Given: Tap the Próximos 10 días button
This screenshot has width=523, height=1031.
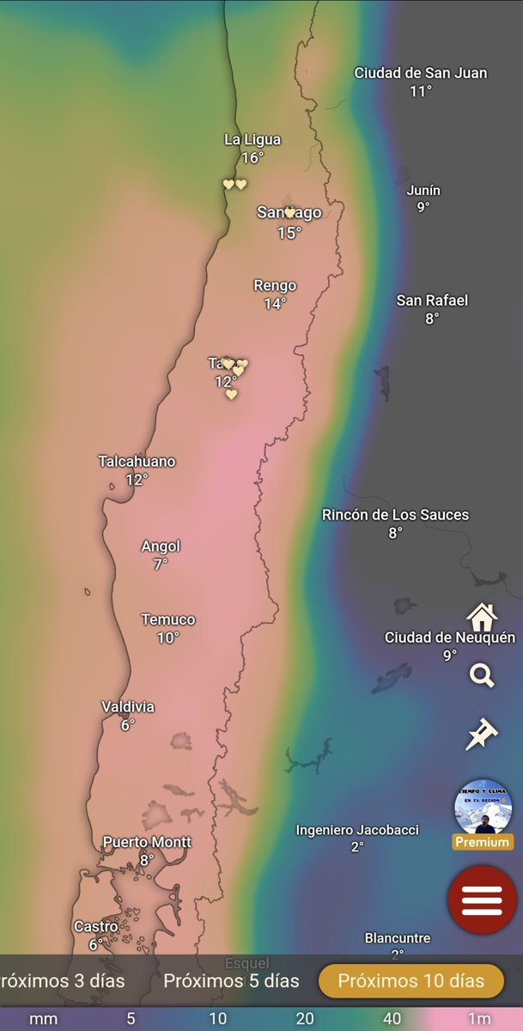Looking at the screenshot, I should pos(410,980).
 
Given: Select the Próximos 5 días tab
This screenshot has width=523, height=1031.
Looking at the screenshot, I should pos(231,980).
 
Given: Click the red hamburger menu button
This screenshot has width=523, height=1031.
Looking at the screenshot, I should pos(482,900).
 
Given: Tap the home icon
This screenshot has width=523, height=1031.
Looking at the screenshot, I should pos(482,616).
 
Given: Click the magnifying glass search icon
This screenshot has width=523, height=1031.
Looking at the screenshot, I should pos(482,675).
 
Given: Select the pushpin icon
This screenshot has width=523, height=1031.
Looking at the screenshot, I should pos(482,735).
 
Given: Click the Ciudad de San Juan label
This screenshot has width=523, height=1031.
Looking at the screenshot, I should pos(421,73).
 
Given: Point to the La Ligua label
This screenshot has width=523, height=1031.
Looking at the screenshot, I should pos(252,139).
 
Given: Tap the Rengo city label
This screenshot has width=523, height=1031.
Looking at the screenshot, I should pos(275,285).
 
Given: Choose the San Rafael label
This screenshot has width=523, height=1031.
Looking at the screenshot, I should pos(432,300).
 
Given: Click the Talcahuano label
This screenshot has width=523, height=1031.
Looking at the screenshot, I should pos(137,461).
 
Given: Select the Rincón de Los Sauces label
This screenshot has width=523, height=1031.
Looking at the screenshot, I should pos(395,515).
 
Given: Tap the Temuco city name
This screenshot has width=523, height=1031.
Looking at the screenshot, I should pos(168,619).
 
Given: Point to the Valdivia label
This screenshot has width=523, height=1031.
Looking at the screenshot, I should pos(128,706).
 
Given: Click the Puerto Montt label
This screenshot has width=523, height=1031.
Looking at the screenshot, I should pos(147,842).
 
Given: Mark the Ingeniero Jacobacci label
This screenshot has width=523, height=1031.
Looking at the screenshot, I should pos(357,830).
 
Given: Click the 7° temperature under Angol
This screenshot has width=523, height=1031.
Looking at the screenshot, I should pos(161,564).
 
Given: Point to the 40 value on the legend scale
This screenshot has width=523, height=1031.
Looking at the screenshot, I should pos(392,1019).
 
